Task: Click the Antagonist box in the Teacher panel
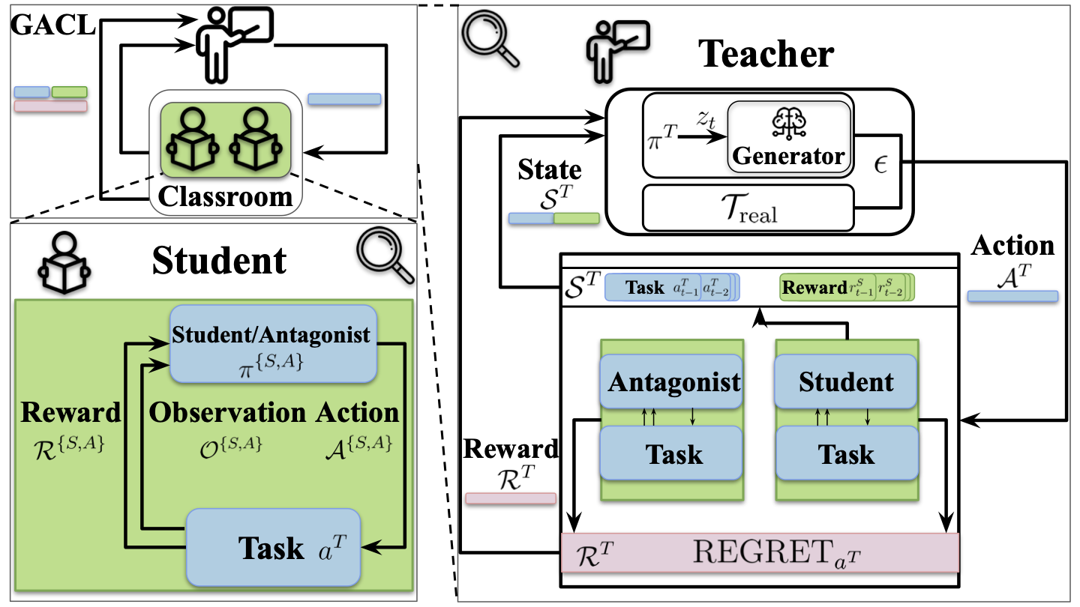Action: pos(673,383)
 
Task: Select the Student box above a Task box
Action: pos(846,383)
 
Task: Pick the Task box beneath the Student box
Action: pos(846,453)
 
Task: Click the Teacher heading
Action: pos(766,54)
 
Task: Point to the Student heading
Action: pos(219,260)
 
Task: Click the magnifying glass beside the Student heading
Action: pos(385,255)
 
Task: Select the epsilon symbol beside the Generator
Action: pos(880,164)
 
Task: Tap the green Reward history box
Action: pos(847,288)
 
